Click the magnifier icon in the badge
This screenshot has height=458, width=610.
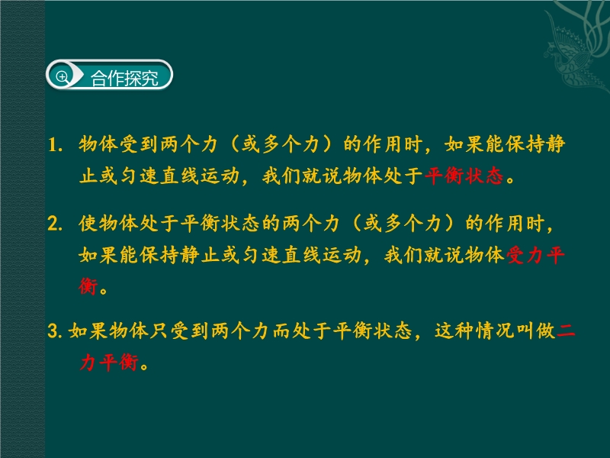[x=63, y=77]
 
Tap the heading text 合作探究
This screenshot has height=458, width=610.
[x=124, y=79]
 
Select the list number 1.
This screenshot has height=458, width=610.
[x=55, y=145]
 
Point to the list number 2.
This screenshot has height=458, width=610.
[x=55, y=224]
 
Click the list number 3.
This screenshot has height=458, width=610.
[x=55, y=331]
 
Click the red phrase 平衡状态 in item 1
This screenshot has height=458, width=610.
[x=464, y=176]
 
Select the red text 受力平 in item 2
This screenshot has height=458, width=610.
[x=535, y=256]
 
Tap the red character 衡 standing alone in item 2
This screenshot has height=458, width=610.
[x=88, y=287]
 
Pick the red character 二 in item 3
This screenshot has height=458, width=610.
[x=566, y=331]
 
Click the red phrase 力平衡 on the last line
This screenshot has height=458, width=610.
[x=109, y=363]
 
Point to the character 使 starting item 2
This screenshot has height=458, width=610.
[x=88, y=224]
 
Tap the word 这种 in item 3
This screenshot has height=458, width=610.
[x=454, y=331]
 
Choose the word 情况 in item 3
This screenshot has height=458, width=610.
[x=495, y=331]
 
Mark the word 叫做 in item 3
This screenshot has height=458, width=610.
[x=536, y=331]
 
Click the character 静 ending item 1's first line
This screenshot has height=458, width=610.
[x=556, y=144]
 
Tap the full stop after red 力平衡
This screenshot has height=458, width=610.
[x=144, y=366]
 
